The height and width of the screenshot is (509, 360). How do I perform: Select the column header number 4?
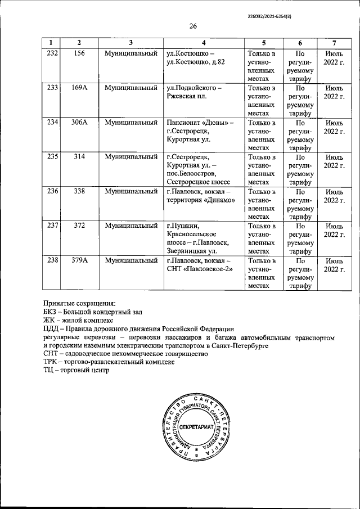pyautogui.click(x=204, y=43)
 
